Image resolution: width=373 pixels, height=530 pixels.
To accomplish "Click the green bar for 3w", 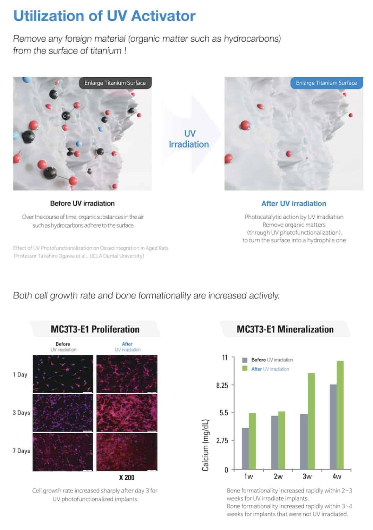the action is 311,421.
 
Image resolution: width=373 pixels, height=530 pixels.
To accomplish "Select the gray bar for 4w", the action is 333,427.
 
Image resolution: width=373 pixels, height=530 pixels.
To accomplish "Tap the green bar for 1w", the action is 252,441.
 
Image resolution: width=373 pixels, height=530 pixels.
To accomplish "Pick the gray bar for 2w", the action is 274,443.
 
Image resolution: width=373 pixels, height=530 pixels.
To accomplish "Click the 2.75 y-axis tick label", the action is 222,440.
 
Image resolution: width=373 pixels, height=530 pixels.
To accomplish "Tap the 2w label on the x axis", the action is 278,476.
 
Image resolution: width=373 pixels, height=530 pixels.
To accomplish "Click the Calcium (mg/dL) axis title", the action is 205,445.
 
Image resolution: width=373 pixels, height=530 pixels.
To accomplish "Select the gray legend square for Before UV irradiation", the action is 245,360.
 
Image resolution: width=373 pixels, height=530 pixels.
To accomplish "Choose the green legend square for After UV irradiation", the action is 245,368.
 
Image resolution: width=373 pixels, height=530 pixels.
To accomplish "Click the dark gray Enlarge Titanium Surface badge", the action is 115,83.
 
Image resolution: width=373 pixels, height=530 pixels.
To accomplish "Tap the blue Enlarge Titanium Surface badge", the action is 327,83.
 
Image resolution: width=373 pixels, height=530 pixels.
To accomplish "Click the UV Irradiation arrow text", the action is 189,139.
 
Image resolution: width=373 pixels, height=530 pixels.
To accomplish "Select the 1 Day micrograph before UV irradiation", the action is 63,374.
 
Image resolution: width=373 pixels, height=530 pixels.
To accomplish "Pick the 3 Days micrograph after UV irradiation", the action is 127,413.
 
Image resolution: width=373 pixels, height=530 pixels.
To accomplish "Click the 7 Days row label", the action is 21,451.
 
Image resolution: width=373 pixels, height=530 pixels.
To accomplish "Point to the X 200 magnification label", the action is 127,478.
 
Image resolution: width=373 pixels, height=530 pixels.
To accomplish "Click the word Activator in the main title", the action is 163,16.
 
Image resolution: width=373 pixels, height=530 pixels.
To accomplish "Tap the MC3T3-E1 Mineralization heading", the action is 285,329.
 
